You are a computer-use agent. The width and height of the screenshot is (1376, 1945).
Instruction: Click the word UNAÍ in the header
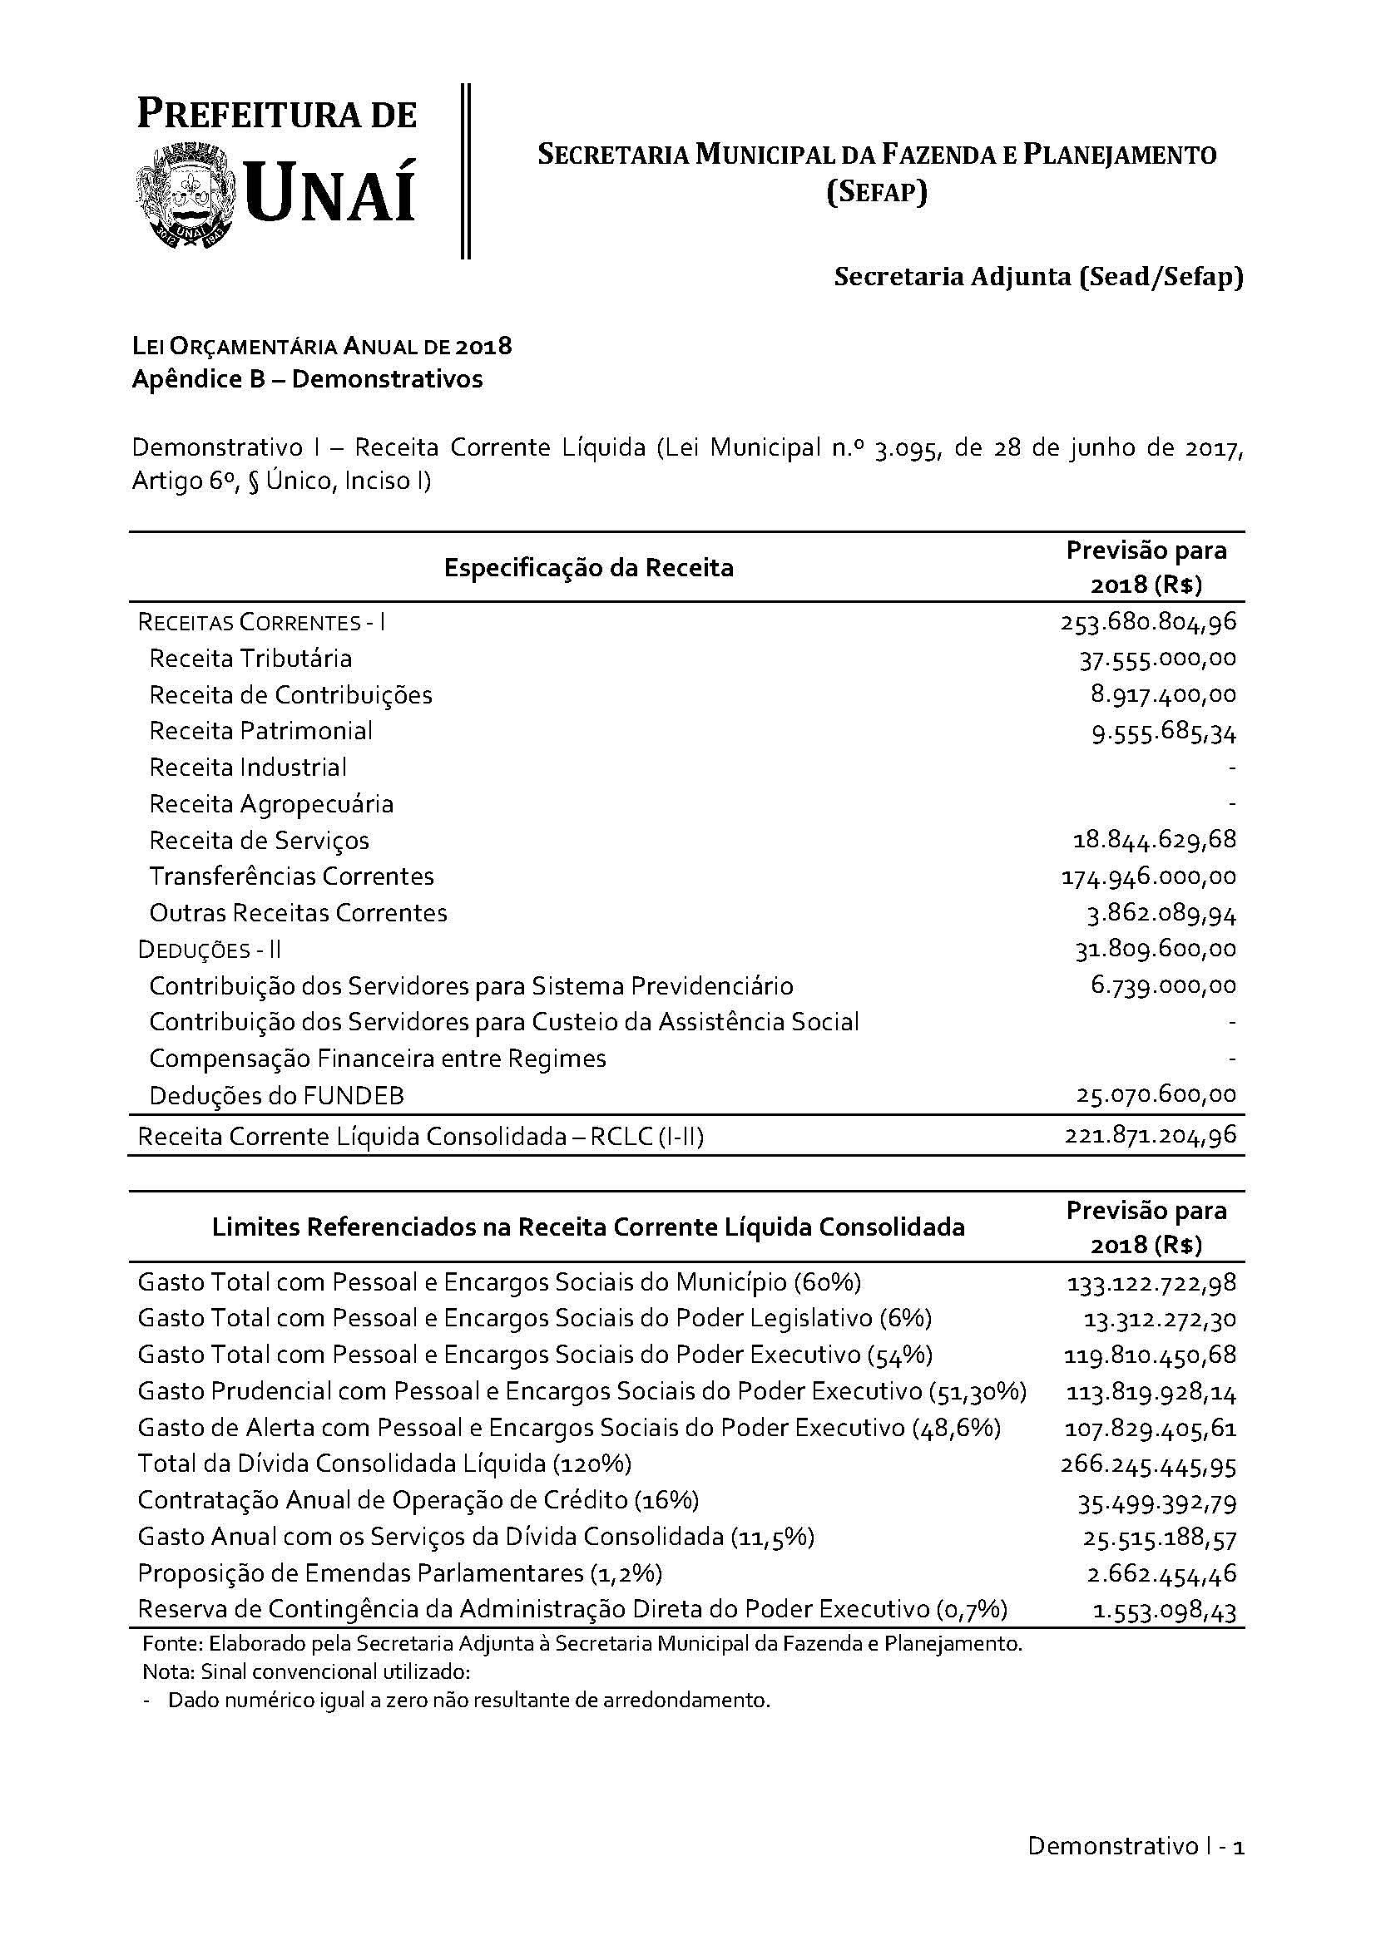pyautogui.click(x=331, y=194)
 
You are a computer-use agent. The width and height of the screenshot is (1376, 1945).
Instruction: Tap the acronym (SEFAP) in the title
pyautogui.click(x=877, y=193)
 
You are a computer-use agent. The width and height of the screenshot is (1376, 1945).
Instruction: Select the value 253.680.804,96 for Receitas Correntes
pyautogui.click(x=1148, y=623)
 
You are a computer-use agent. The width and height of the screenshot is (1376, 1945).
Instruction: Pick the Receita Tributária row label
pyautogui.click(x=250, y=659)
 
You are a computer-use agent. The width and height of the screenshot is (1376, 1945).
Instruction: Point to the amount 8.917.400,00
pyautogui.click(x=1163, y=695)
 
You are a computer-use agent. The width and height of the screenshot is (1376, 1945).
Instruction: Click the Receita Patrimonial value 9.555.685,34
pyautogui.click(x=1163, y=732)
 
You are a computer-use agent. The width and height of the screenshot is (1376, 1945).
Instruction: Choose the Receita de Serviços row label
pyautogui.click(x=260, y=841)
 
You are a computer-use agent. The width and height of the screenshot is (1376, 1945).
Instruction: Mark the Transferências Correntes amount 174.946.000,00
pyautogui.click(x=1148, y=876)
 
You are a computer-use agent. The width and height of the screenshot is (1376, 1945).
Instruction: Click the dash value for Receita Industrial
pyautogui.click(x=1231, y=768)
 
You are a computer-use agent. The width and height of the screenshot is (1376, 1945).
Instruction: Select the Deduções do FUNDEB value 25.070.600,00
pyautogui.click(x=1156, y=1095)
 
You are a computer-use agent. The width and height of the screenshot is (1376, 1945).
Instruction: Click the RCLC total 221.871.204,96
pyautogui.click(x=1150, y=1135)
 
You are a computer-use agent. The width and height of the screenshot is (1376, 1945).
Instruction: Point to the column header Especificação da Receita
pyautogui.click(x=588, y=568)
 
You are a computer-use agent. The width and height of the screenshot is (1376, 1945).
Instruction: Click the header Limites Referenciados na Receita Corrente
pyautogui.click(x=588, y=1227)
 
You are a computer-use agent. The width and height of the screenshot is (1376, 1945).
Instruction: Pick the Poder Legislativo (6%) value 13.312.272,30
pyautogui.click(x=1159, y=1319)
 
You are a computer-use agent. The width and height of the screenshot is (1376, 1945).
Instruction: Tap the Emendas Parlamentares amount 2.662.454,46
pyautogui.click(x=1161, y=1574)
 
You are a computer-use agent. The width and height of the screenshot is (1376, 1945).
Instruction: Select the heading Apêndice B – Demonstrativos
pyautogui.click(x=308, y=378)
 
